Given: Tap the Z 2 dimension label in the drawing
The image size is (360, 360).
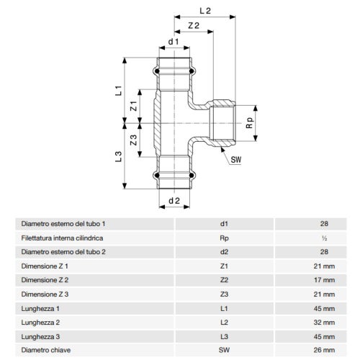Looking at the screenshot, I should point(193,26).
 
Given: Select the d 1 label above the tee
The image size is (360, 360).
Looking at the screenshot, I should point(173,42).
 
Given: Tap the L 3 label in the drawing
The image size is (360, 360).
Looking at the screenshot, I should point(120,156).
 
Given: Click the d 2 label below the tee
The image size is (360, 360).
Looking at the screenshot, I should point(173,199).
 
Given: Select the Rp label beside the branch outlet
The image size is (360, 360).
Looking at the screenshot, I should point(249,124).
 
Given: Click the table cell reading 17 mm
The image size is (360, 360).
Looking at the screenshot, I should point(324,279).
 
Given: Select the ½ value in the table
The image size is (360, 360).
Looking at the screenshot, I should point(324,238).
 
